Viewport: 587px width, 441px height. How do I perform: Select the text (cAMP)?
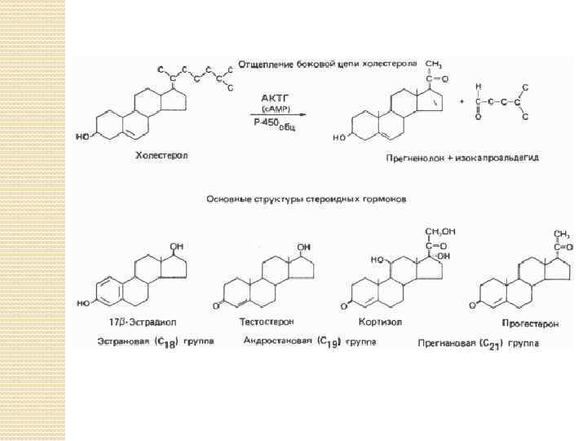coord(274,108)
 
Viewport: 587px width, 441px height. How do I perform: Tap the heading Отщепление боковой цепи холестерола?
coord(327,64)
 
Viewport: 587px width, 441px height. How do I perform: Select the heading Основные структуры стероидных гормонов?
coord(306,198)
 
